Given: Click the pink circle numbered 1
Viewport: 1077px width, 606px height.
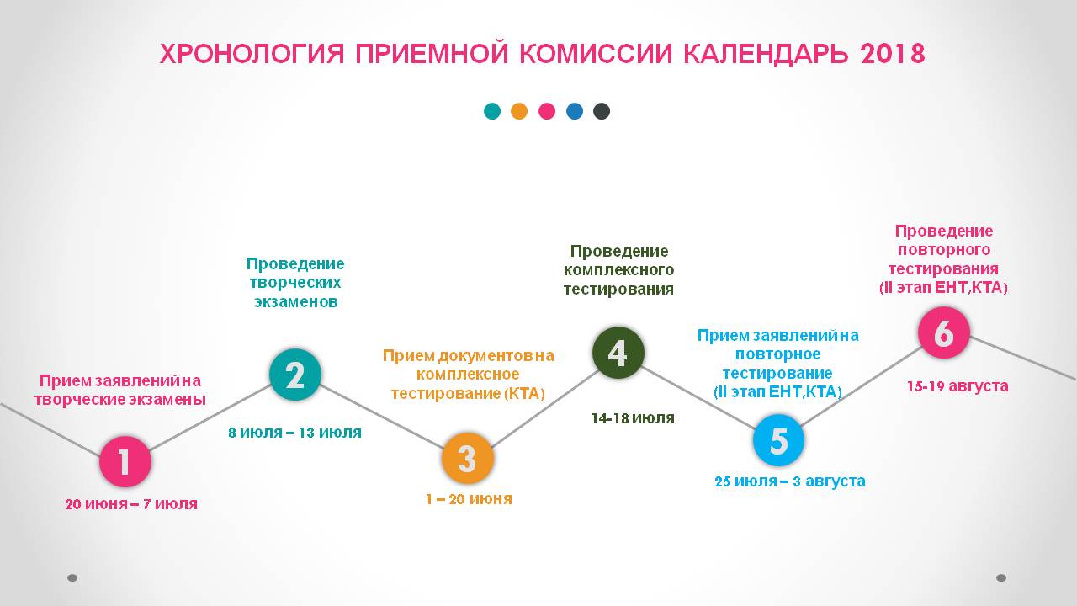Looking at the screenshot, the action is coord(125,461).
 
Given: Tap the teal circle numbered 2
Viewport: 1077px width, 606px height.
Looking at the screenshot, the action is coord(295,375).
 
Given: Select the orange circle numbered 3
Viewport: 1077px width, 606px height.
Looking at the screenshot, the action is coord(467,458).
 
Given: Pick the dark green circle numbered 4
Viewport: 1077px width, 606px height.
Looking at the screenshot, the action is coord(618,353).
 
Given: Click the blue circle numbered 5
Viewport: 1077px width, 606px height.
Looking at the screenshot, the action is coord(778,440).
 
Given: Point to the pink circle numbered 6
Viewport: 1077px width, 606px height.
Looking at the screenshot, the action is coord(944,332).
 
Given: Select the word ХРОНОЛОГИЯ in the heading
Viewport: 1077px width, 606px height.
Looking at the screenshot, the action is coord(252,54).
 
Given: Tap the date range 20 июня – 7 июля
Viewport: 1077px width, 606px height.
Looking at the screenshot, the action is coord(131,504).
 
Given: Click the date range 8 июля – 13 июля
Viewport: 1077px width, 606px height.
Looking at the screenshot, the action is coord(294,433).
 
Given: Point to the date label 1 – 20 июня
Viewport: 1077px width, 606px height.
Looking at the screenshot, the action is coord(469,499).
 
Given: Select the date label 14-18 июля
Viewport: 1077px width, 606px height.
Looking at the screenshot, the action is coord(633,418).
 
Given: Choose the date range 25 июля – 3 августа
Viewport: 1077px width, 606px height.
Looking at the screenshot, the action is coord(790,481).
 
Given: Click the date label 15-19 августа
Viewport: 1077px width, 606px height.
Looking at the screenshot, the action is coord(958,385).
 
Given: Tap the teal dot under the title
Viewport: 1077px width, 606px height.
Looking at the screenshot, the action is coord(492,111).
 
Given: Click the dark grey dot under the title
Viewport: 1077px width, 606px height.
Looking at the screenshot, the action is coord(602,111).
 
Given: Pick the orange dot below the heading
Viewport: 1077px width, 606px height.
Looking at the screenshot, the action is coord(519,111).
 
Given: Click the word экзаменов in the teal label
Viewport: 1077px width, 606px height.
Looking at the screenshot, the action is coord(295,301).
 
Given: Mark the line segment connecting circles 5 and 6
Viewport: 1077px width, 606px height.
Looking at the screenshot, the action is coord(861,386).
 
